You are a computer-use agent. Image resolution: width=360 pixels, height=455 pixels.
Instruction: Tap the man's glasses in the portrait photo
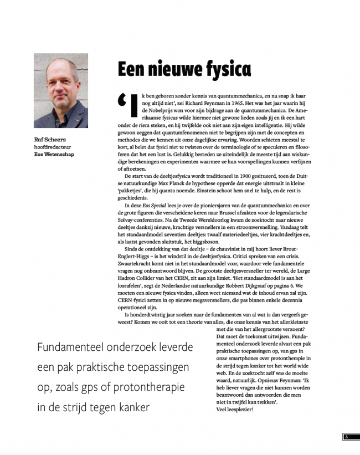tap(60, 83)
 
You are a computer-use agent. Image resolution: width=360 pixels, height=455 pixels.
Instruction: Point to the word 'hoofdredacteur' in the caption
tap(54, 147)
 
